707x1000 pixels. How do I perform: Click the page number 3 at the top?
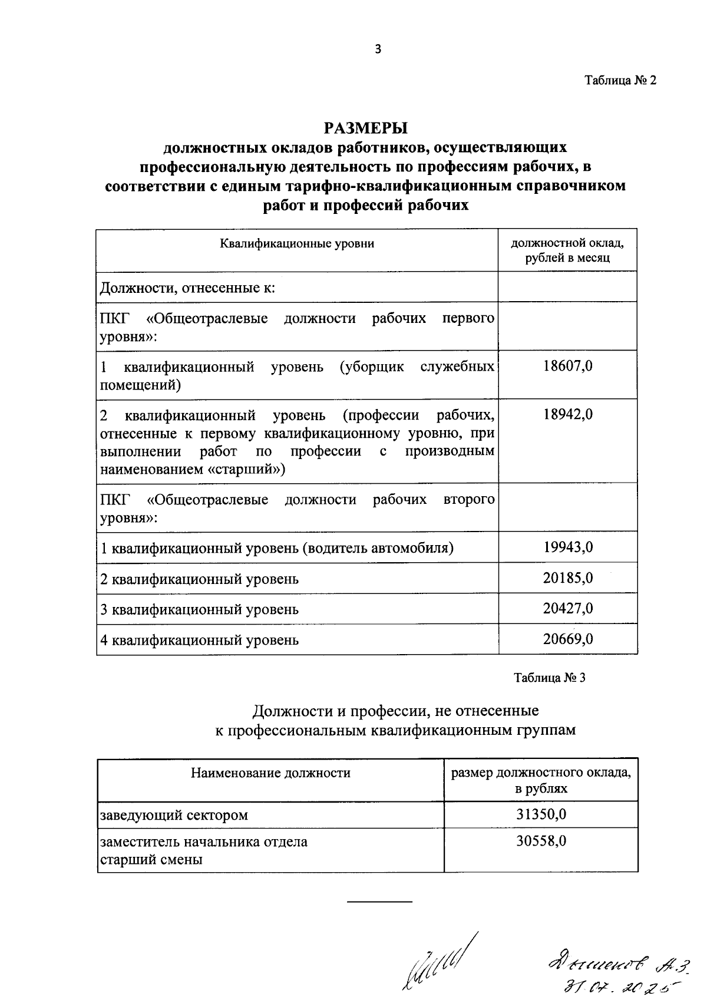point(378,49)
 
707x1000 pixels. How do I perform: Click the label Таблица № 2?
point(620,81)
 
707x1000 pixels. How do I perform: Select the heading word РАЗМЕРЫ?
point(365,128)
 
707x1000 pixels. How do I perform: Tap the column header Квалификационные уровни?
point(297,243)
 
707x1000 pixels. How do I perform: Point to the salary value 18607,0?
point(567,366)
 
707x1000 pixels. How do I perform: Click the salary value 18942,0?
point(567,414)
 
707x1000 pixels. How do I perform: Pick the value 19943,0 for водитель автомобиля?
point(567,547)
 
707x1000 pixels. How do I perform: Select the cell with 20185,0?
point(567,578)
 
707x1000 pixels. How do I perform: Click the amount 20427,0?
point(567,609)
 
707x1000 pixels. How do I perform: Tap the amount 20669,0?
point(567,639)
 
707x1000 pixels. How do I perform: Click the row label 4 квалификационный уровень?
point(200,640)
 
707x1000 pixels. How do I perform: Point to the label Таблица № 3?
point(549,678)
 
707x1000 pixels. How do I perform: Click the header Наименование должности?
point(270,773)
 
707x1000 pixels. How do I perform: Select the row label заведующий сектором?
point(174,816)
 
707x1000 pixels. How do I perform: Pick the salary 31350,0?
point(541,814)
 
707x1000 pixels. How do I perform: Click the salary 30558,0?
point(541,841)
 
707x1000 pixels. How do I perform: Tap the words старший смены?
point(151,860)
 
